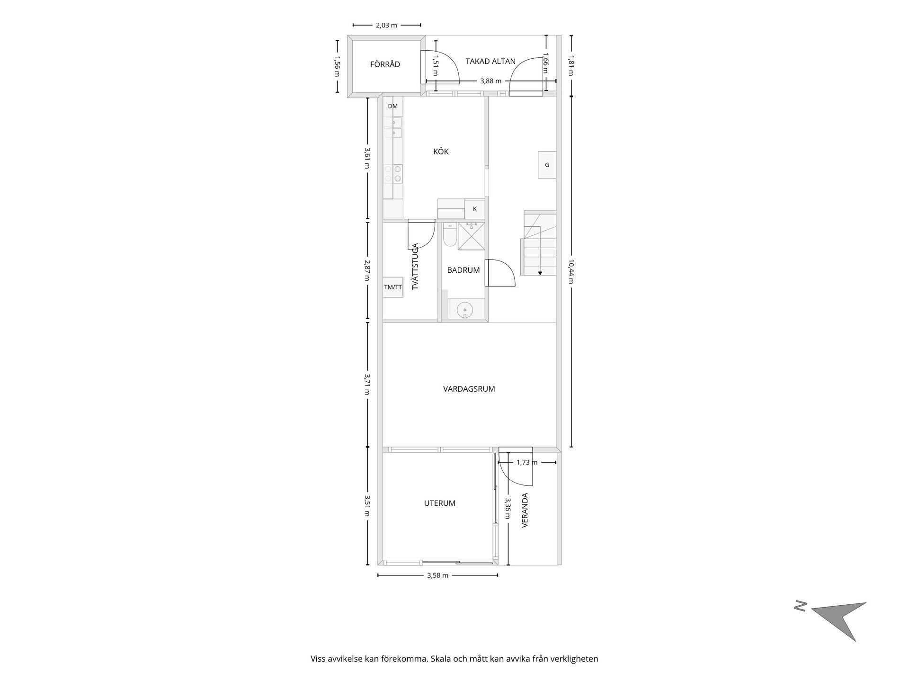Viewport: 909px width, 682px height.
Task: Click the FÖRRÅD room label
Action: click(385, 64)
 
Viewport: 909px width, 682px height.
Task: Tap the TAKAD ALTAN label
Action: click(490, 61)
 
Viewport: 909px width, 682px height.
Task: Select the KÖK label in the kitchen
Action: click(441, 152)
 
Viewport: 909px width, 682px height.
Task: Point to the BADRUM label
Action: click(463, 270)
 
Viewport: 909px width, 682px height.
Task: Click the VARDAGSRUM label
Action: click(469, 389)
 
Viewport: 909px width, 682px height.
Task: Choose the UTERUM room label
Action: click(440, 503)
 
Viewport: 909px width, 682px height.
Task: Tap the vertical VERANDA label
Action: click(525, 510)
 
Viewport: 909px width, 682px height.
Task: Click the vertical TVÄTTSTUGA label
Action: click(415, 266)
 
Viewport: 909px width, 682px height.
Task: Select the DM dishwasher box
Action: click(393, 107)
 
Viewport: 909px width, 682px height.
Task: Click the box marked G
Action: click(547, 165)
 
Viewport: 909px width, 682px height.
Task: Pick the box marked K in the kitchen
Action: click(475, 209)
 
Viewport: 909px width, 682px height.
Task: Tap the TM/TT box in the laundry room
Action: click(393, 287)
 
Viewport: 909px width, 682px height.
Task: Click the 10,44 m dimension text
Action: click(571, 271)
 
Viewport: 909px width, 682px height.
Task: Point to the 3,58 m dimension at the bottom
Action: click(437, 575)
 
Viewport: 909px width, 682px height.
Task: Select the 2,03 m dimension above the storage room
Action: click(386, 25)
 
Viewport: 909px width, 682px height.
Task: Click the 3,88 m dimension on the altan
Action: click(490, 81)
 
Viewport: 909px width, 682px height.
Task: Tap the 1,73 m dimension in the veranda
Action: click(527, 462)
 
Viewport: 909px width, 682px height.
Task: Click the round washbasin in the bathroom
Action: click(465, 311)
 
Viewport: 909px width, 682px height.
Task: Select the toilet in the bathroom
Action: click(450, 235)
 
